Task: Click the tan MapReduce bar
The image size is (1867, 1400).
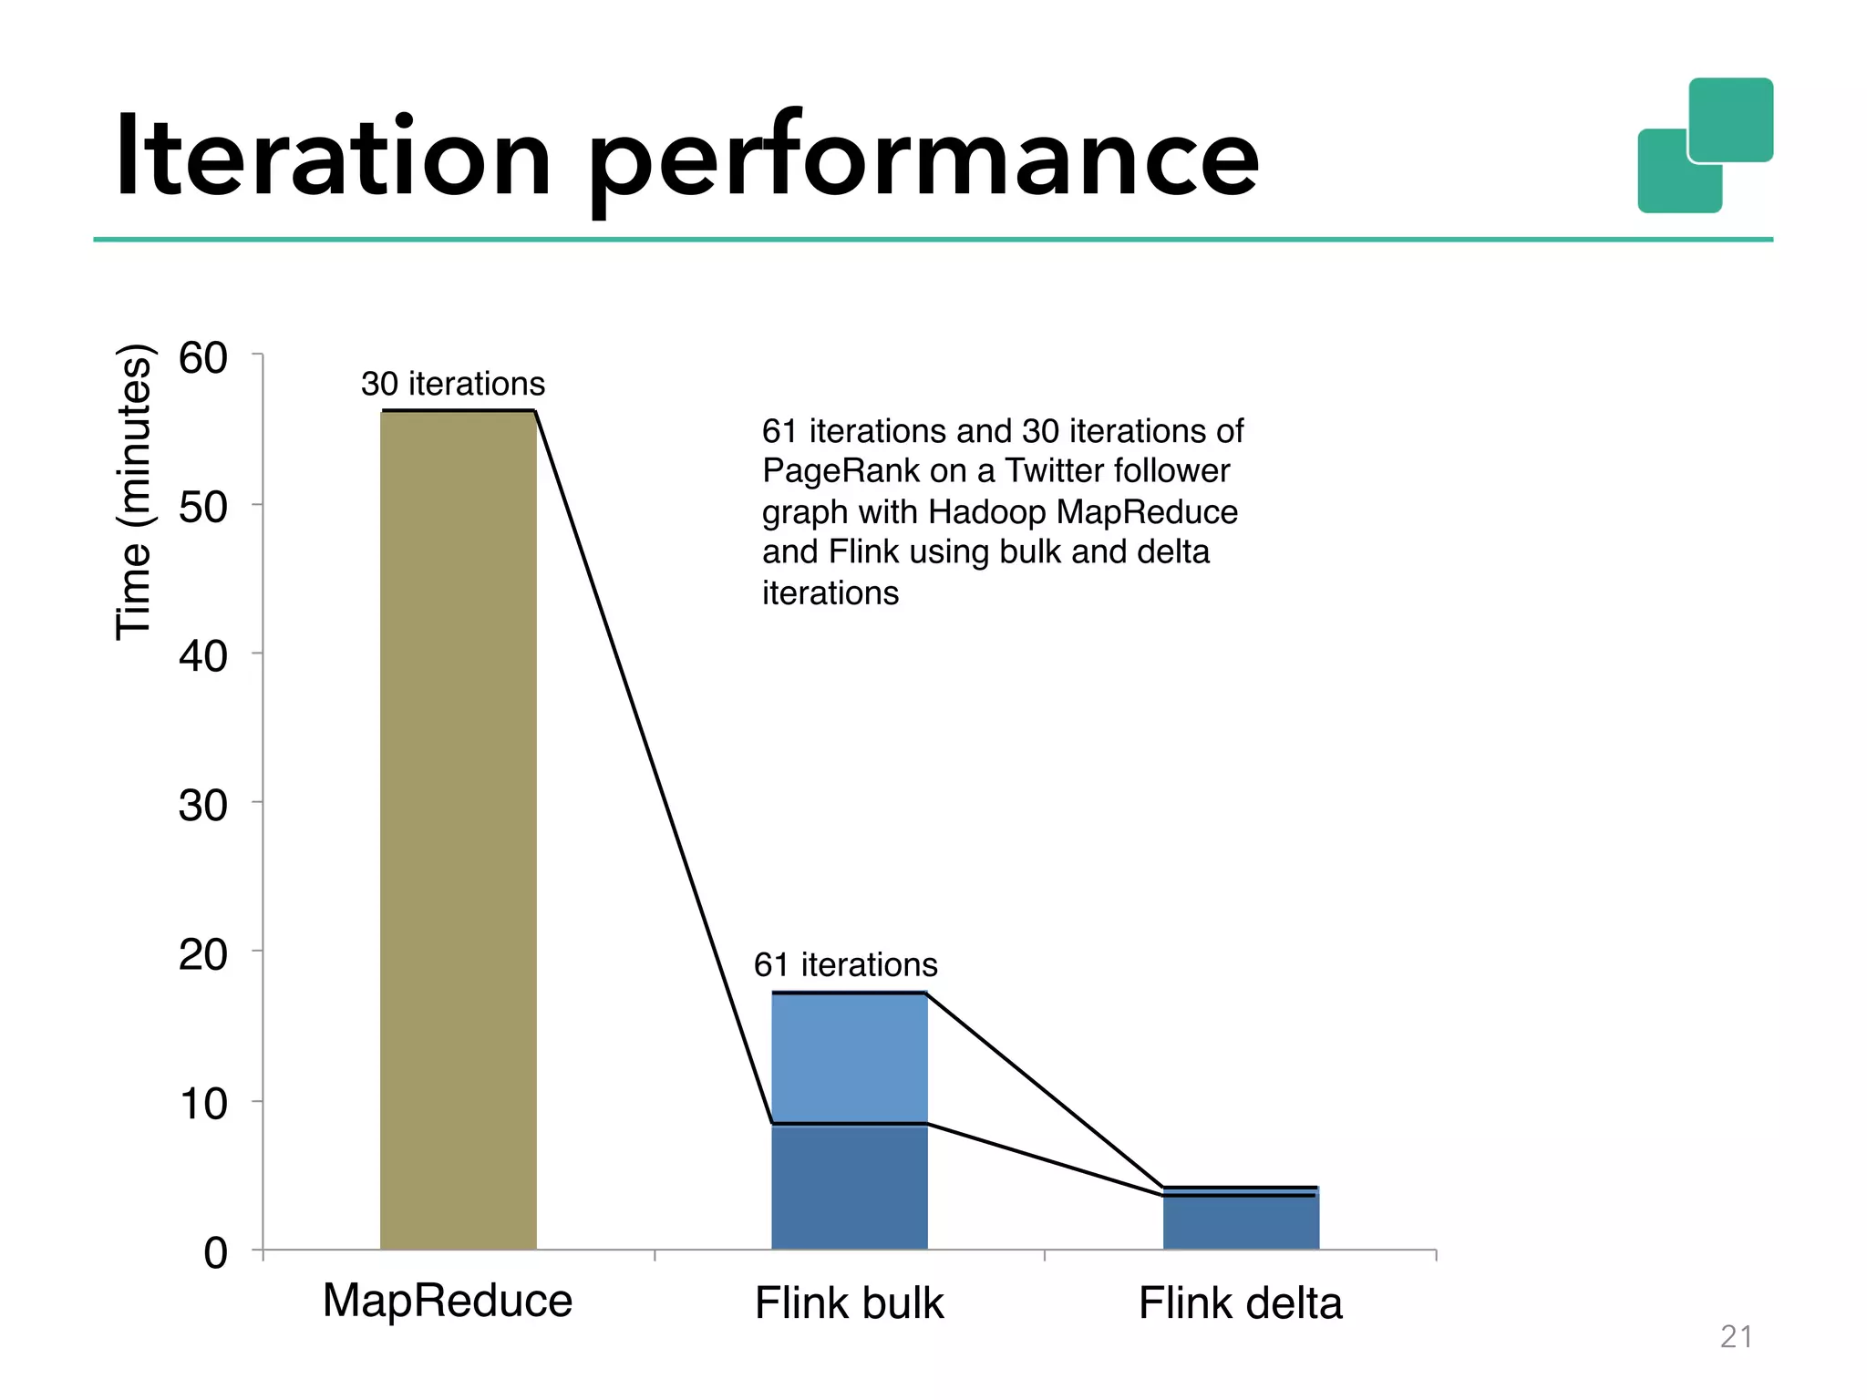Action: (x=458, y=829)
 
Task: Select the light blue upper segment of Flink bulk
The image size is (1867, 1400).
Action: (x=849, y=1057)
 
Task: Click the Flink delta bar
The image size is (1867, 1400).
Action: (x=1241, y=1221)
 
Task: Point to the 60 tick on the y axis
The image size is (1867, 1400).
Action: (x=202, y=357)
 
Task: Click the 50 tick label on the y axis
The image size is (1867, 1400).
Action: (x=202, y=507)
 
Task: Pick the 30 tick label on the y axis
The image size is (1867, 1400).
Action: (x=202, y=806)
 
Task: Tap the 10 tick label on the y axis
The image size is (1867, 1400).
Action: (x=202, y=1104)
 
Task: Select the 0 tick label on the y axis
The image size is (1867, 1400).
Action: (x=215, y=1253)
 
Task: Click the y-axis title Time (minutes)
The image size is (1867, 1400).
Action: (x=134, y=492)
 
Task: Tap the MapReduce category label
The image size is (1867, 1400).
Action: (x=447, y=1300)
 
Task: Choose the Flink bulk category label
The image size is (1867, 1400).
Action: (x=849, y=1302)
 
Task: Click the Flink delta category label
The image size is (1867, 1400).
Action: (x=1240, y=1302)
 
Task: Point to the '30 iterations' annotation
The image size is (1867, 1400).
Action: (x=452, y=384)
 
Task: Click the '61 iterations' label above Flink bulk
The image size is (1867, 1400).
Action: (x=845, y=964)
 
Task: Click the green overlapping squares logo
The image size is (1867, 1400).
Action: (x=1705, y=146)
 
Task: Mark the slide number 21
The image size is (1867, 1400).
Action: (x=1736, y=1336)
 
